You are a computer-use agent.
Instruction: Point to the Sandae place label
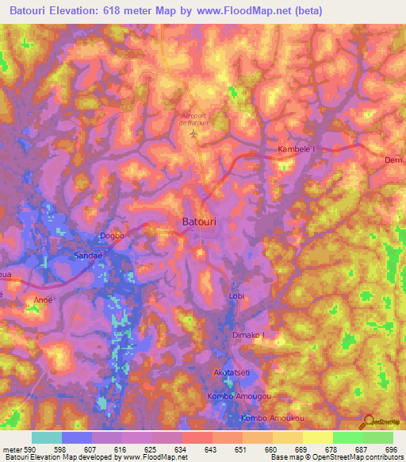(x=89, y=256)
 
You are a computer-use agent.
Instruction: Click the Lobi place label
(x=236, y=296)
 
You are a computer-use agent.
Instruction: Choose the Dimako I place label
(x=248, y=335)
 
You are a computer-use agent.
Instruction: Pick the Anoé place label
(x=44, y=299)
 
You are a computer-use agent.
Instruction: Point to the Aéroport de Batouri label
(x=194, y=118)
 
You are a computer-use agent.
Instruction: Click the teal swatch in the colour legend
(x=47, y=437)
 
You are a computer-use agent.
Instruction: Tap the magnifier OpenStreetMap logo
(x=366, y=422)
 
